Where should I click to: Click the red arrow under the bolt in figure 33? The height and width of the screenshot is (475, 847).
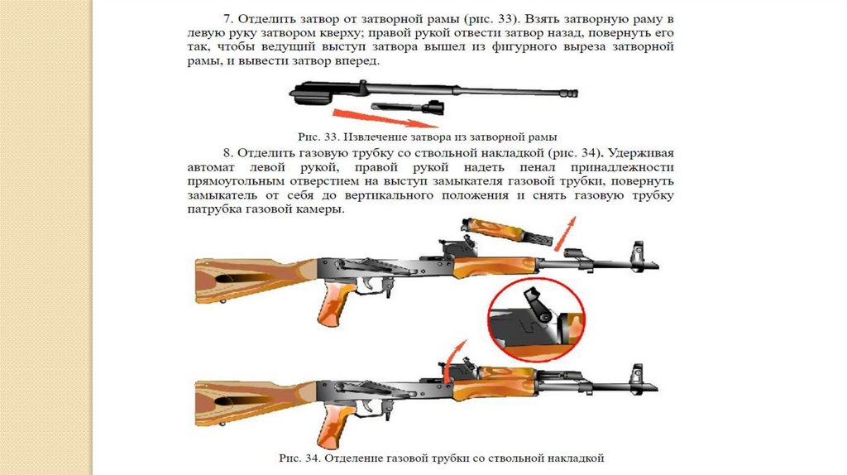click(385, 118)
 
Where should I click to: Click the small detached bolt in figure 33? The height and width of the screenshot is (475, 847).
click(408, 107)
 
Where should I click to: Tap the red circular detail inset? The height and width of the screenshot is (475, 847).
click(536, 320)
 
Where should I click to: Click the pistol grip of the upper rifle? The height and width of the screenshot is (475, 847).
click(336, 305)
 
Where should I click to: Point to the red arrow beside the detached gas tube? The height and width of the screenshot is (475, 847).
click(565, 233)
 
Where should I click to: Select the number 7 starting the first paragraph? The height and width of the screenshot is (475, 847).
click(227, 19)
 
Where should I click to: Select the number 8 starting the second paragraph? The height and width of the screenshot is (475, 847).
click(227, 153)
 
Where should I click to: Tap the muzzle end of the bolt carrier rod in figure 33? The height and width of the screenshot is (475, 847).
click(572, 94)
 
